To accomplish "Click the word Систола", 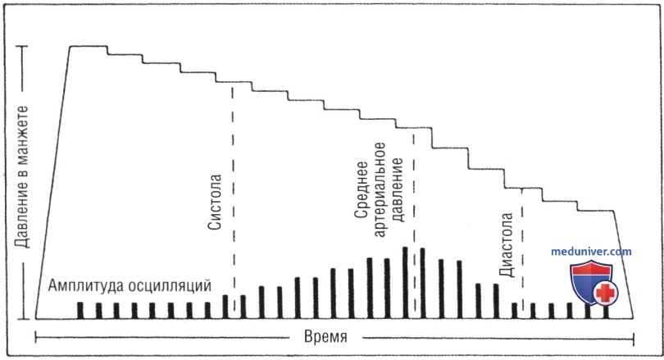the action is [215, 202].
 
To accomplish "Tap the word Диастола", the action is [506, 245].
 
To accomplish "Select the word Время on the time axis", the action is [325, 337].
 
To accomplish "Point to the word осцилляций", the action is [170, 286].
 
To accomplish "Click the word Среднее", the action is [362, 189].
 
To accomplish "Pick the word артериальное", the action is [380, 189].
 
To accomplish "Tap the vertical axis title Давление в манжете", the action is [21, 176].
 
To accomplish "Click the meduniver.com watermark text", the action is [591, 252].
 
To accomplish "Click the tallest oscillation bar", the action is [405, 282].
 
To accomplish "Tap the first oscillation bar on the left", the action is [80, 311].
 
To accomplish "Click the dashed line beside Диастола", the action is [522, 250].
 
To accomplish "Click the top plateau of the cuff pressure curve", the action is [88, 46].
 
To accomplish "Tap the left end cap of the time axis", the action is [35, 338].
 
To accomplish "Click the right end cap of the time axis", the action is [634, 339].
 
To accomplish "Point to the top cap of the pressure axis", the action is [23, 47].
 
